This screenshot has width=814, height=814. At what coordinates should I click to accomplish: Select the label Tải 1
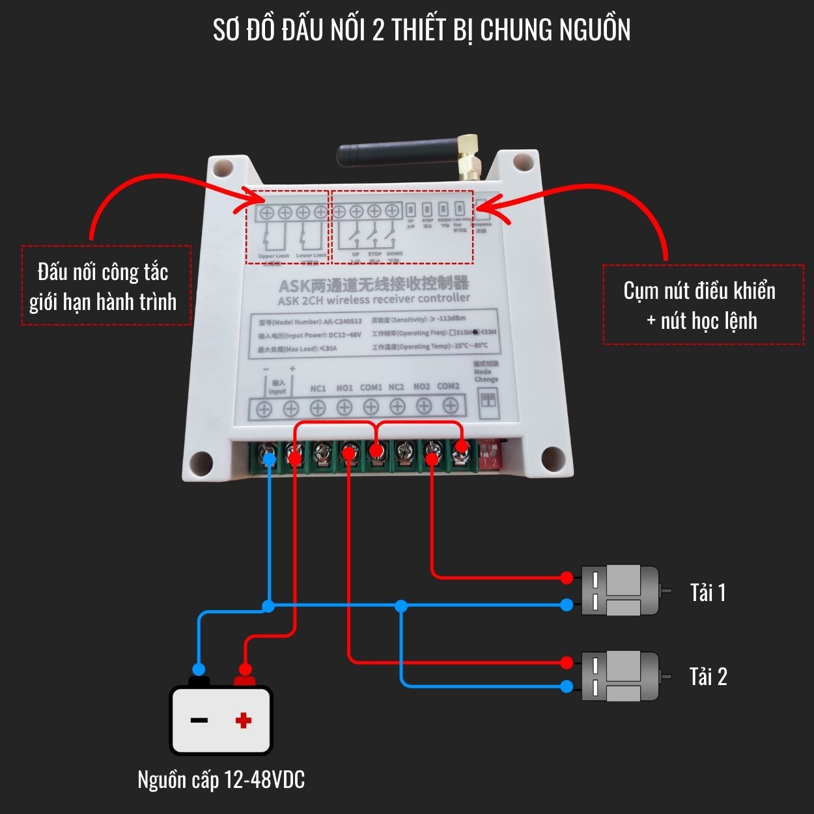click(x=707, y=593)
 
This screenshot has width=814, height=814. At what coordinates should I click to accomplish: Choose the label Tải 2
click(x=708, y=677)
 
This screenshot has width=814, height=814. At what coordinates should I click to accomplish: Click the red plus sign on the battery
click(x=244, y=720)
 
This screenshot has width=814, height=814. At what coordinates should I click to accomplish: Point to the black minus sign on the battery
click(x=199, y=720)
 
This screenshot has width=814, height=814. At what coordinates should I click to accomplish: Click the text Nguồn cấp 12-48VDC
click(x=221, y=779)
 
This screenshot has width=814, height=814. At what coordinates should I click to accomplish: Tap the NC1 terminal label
click(x=318, y=389)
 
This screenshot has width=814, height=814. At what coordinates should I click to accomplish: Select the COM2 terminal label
click(x=448, y=386)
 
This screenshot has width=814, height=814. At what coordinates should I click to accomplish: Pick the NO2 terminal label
click(x=421, y=387)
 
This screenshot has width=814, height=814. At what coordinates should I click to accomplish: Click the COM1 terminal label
click(x=371, y=387)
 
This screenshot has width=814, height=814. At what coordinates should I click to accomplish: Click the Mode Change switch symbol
click(x=488, y=399)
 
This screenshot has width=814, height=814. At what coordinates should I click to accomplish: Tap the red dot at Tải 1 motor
click(x=567, y=578)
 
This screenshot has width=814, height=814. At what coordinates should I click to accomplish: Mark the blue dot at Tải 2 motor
click(x=567, y=686)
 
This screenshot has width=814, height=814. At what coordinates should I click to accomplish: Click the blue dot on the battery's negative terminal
click(x=199, y=669)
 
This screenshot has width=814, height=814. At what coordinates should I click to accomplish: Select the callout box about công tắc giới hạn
click(x=106, y=285)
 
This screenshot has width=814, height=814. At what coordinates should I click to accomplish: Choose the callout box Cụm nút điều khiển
click(x=703, y=304)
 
